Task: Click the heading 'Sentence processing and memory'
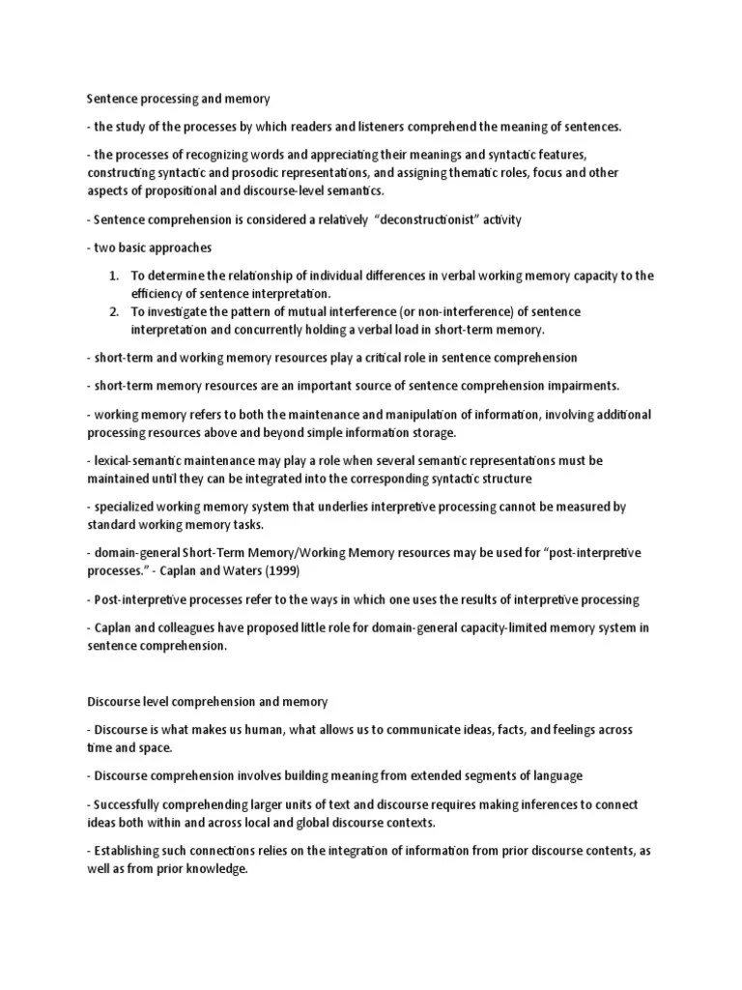[x=178, y=98]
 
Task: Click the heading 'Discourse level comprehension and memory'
[x=208, y=701]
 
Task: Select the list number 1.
[x=114, y=276]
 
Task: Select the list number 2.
[x=114, y=312]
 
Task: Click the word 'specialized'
[x=126, y=507]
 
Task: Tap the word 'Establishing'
[x=128, y=851]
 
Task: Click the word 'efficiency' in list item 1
[x=158, y=293]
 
